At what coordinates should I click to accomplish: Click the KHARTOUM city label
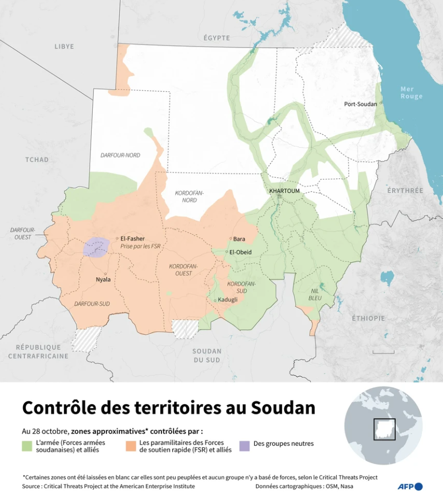[284, 191]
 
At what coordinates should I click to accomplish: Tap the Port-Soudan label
[360, 104]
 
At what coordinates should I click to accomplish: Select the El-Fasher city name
[132, 239]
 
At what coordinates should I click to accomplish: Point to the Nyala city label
[103, 279]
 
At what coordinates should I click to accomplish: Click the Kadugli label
[227, 300]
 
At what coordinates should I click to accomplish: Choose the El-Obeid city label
[240, 252]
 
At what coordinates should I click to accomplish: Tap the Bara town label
[239, 239]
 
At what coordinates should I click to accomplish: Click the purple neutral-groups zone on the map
[97, 247]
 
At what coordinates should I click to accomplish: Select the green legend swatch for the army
[27, 446]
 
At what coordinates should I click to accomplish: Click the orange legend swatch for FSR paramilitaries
[131, 446]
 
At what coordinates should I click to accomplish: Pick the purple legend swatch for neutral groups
[245, 446]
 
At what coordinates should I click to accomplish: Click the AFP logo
[410, 486]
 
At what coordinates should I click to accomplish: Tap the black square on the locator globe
[384, 429]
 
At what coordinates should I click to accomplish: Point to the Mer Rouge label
[411, 92]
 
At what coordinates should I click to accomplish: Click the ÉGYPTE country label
[217, 38]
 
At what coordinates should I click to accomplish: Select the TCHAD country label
[37, 160]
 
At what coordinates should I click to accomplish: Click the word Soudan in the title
[283, 408]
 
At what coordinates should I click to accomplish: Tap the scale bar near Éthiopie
[383, 352]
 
